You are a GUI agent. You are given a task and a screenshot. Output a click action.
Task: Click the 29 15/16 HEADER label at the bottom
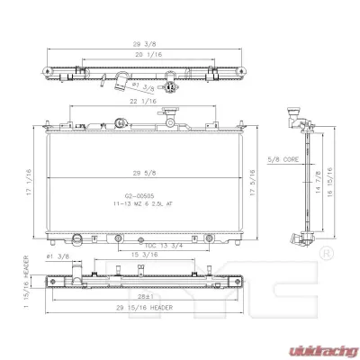(144, 309)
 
